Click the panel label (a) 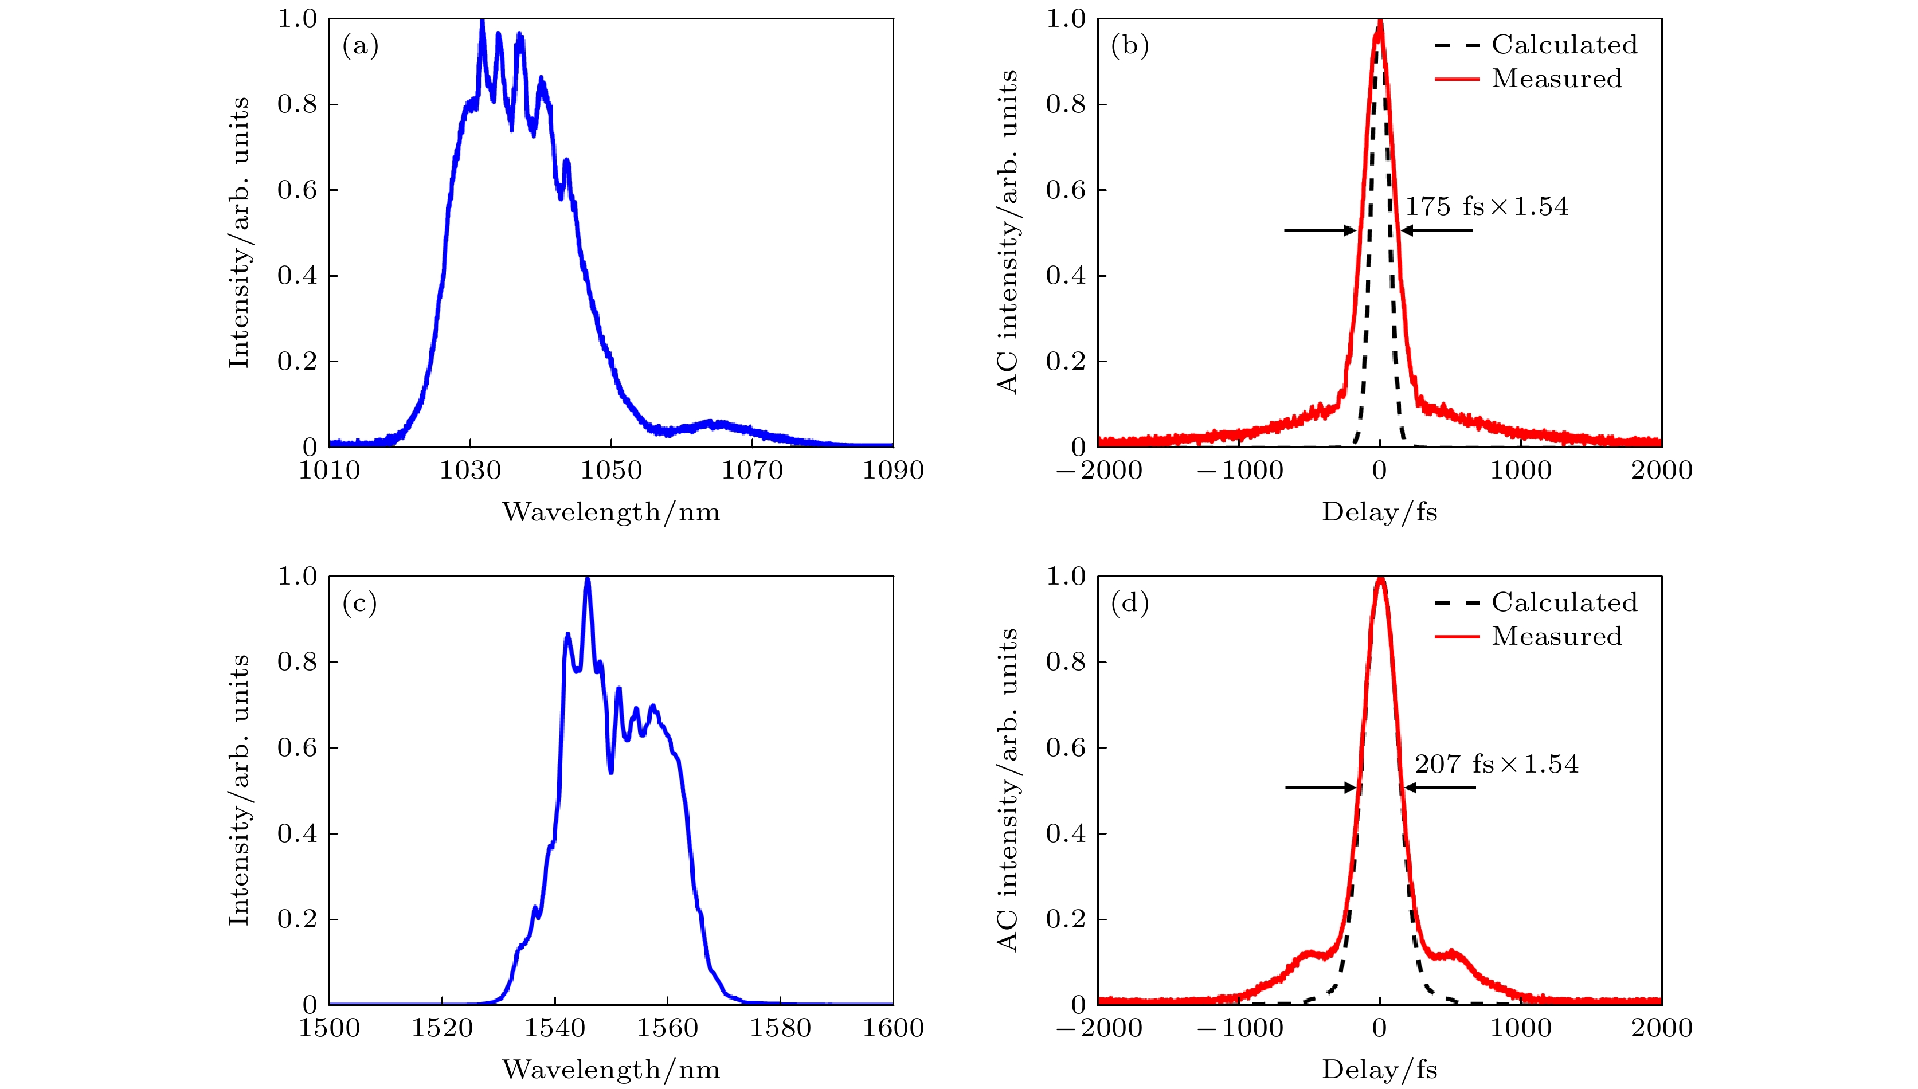[360, 46]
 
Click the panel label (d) [1130, 603]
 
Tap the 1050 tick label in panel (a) [611, 471]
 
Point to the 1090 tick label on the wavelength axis [893, 471]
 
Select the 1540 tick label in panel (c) [554, 1028]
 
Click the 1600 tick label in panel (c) [893, 1028]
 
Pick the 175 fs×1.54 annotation [1486, 206]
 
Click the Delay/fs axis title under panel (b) [1379, 512]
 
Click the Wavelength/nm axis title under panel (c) [611, 1070]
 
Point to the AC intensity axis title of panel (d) [1008, 790]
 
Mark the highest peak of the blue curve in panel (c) [587, 579]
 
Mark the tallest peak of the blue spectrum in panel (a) [482, 22]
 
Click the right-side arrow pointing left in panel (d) [1440, 787]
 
